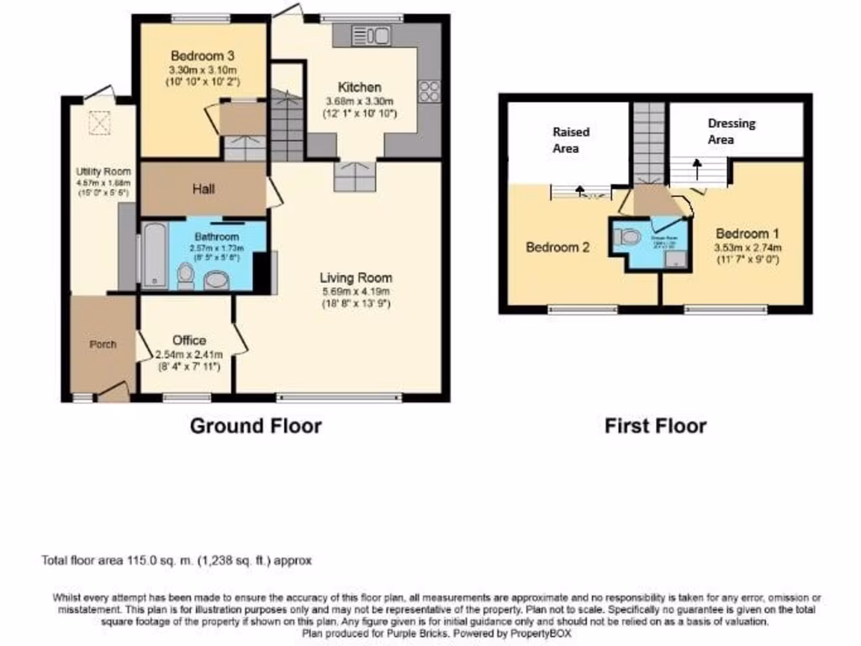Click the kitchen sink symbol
[x=371, y=35]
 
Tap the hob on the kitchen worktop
[x=429, y=89]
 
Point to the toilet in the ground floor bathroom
[x=186, y=274]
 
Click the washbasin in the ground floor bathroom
[x=217, y=279]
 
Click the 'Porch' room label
[x=103, y=344]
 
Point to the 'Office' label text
[x=189, y=340]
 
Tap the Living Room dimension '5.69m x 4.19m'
[x=356, y=291]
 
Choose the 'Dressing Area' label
[x=731, y=131]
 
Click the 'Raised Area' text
[x=571, y=140]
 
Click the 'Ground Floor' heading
[x=256, y=426]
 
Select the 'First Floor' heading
[x=655, y=426]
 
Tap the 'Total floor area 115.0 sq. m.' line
[x=177, y=559]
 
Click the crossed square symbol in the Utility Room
[x=100, y=124]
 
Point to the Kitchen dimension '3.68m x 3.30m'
[x=360, y=101]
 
